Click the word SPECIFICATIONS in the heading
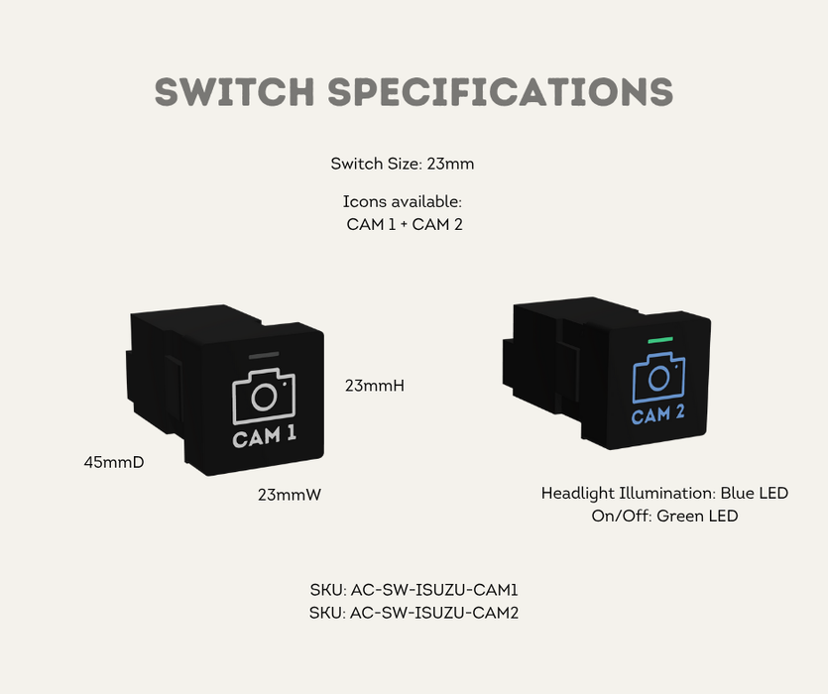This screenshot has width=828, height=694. point(501,91)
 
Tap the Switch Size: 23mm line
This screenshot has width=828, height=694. point(409,163)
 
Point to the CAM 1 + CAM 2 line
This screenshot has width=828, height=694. point(405,224)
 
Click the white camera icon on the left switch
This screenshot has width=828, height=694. point(264,397)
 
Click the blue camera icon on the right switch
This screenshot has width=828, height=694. point(657,377)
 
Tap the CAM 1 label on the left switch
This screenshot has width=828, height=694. point(264,436)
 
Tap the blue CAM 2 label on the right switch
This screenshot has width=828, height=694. point(657,414)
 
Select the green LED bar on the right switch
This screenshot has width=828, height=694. point(659,340)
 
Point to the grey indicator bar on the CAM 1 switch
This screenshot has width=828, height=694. point(264,354)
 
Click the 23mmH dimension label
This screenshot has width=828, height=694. point(374,385)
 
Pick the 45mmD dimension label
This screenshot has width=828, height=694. point(114,461)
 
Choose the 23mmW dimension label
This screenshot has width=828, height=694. point(290,494)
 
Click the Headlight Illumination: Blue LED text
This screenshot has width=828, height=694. point(664,493)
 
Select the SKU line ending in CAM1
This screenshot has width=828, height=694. point(414,590)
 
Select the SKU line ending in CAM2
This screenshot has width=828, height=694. point(414,613)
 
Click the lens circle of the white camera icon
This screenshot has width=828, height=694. point(263,399)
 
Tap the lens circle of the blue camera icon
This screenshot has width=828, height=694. point(656,379)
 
